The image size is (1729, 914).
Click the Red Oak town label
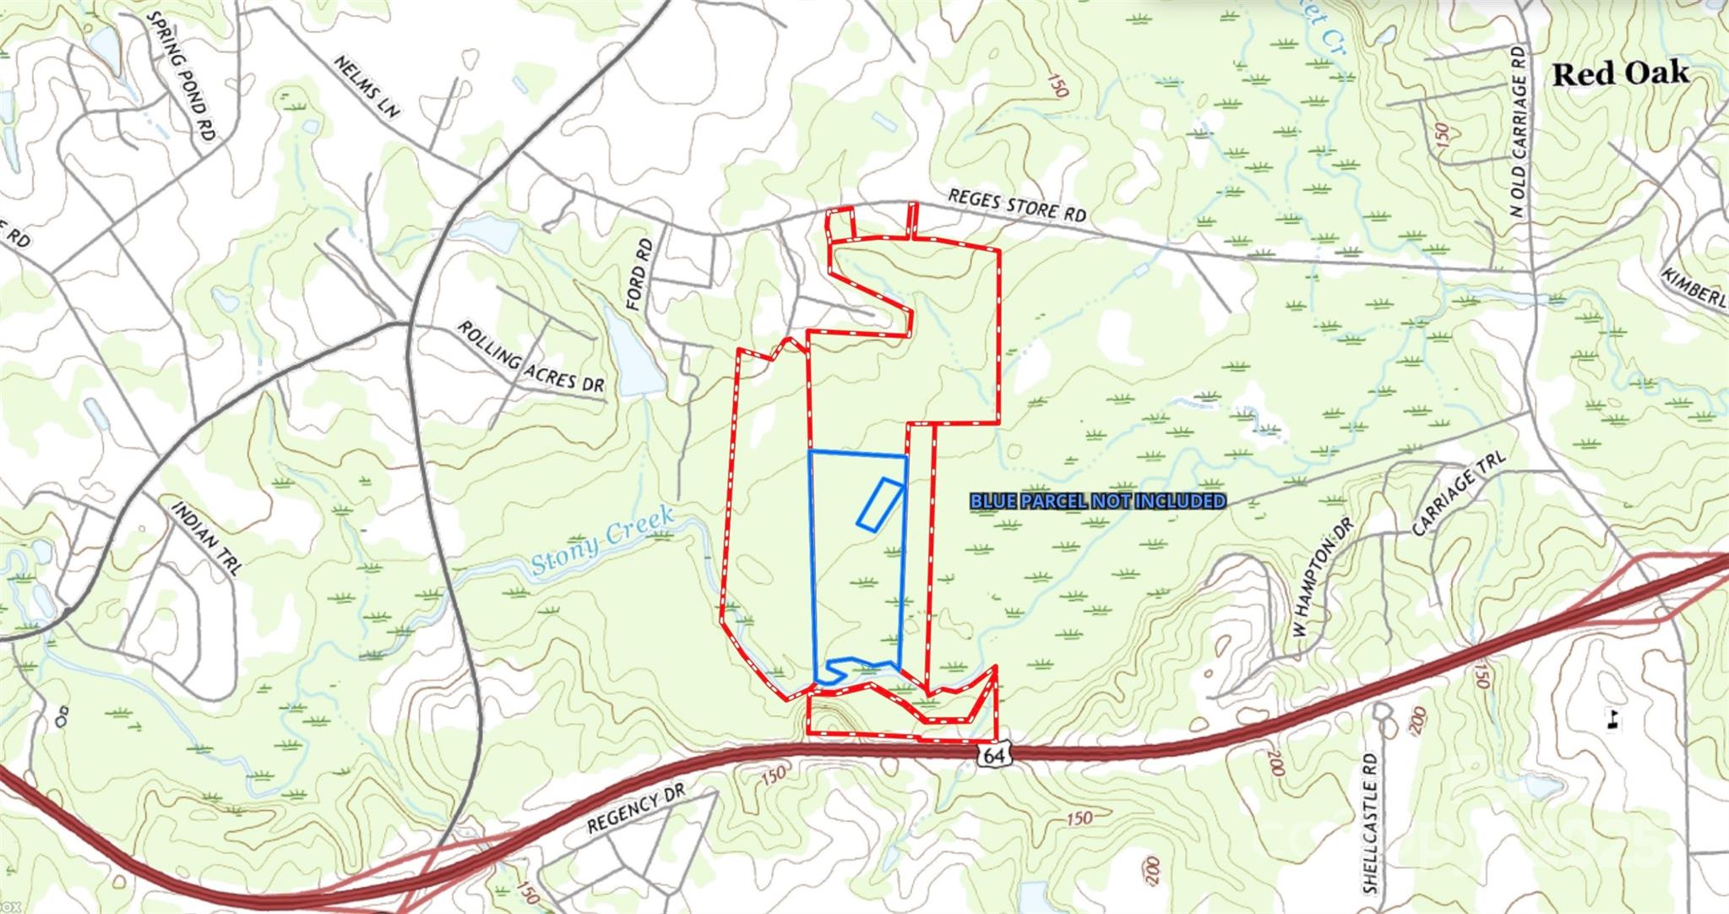(1621, 73)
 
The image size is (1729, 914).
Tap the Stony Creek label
(603, 541)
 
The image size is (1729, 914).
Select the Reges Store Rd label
(1016, 205)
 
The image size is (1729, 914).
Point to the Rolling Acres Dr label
(530, 356)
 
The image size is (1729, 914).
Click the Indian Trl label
(207, 538)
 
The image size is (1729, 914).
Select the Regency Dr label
(634, 809)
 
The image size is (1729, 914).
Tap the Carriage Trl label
(1459, 493)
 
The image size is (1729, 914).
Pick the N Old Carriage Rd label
(1520, 132)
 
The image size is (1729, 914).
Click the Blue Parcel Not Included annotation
(1097, 502)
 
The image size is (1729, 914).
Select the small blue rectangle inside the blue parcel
(879, 504)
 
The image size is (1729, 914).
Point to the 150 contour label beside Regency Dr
(773, 775)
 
